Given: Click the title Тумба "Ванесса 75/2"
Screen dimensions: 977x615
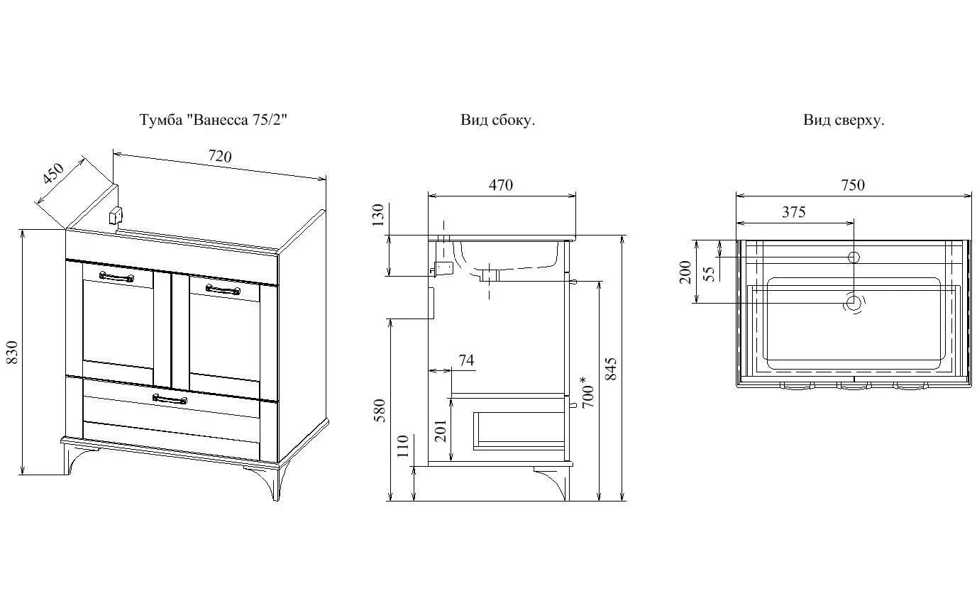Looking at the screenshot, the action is coord(214,119).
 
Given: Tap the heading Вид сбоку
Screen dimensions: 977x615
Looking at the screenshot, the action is coord(497,119).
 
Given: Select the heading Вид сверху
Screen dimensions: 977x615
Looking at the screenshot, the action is coord(844,120).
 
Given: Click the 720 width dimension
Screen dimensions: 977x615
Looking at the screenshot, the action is coord(220,156).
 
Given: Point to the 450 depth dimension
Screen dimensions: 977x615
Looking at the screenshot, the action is coord(53,173).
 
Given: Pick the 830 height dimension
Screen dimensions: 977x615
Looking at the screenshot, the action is coord(13,353).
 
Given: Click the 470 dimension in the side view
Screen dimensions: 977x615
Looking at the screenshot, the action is coord(501,185).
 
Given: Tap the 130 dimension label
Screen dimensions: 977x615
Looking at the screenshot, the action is coord(377,215).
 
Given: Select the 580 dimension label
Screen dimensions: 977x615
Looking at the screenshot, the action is coord(379,411).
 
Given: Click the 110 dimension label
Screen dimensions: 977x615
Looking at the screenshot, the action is coord(402,445).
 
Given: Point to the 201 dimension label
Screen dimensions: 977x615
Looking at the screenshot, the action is coord(441,431).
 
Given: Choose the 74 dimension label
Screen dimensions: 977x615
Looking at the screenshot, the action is coord(466,360).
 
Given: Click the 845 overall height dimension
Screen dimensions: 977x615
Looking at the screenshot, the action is coord(612,369).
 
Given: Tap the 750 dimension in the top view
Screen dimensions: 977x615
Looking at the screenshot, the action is coord(853,185).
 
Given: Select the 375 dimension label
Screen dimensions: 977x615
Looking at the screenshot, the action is coord(793,212).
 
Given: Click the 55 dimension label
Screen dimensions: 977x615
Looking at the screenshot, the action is coord(710,274).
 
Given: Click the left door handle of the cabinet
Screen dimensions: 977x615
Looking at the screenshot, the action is coord(116,277).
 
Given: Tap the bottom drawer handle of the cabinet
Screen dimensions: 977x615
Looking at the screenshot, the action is coord(170,399).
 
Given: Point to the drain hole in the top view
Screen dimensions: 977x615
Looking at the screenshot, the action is coord(854,302).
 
